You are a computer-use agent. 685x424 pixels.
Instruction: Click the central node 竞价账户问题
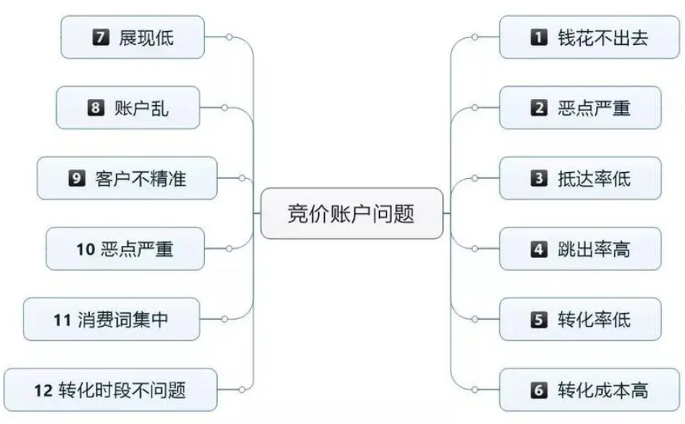352,213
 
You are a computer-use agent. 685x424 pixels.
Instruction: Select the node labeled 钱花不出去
589,37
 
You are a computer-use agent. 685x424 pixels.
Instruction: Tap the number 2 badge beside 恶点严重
539,107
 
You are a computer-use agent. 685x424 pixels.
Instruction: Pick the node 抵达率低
580,178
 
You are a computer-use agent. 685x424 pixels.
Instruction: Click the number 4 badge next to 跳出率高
539,249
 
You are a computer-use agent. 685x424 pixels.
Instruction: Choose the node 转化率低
580,319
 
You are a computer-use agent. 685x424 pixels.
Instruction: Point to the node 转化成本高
589,390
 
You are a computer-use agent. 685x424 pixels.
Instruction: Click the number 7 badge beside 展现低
100,37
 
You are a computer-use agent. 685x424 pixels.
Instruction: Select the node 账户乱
128,107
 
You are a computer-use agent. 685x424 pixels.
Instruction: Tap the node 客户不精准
127,178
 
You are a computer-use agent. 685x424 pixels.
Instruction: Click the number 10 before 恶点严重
85,249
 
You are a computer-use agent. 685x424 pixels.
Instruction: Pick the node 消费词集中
111,319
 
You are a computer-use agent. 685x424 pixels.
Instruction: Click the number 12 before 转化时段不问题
43,391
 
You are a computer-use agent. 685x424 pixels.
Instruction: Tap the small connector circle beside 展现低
229,37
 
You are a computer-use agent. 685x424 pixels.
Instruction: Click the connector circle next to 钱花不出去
475,37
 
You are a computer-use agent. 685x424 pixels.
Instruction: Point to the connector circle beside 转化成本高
475,390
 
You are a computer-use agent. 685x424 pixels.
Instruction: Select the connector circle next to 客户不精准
241,178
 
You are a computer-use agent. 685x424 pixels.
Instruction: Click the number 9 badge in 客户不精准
77,178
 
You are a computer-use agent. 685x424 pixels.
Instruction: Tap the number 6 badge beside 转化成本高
539,390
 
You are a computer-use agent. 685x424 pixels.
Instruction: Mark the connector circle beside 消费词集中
225,319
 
